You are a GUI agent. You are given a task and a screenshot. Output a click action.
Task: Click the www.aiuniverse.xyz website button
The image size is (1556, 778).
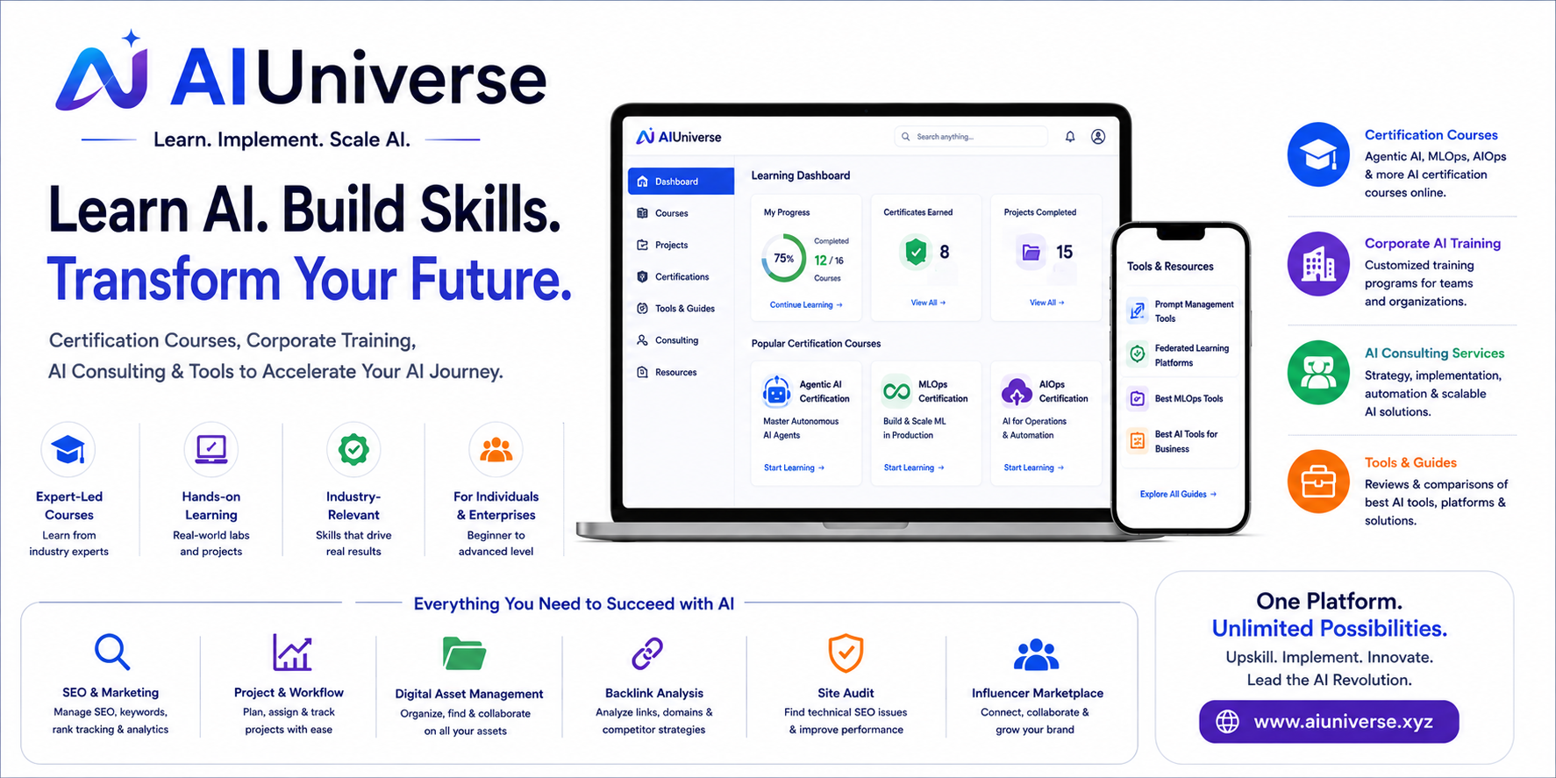(x=1329, y=722)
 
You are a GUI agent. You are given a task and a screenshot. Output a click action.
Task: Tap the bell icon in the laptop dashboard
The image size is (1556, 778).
(x=1070, y=137)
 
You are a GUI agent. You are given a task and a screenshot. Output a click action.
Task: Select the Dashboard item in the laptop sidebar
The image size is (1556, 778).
(x=681, y=182)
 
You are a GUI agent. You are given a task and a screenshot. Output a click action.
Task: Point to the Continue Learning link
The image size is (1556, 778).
(x=806, y=305)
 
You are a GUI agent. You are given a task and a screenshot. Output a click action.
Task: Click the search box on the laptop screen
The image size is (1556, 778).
(x=971, y=137)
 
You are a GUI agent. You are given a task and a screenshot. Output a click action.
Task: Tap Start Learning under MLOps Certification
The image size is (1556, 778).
(x=914, y=468)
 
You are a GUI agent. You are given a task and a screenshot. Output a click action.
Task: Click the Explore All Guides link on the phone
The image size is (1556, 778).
(x=1178, y=495)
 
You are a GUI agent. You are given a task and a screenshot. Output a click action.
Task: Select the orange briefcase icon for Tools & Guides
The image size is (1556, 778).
(x=1318, y=482)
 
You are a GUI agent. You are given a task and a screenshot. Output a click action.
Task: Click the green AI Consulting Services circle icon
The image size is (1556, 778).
(x=1318, y=372)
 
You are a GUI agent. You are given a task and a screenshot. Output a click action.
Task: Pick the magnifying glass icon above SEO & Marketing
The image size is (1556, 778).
(x=112, y=652)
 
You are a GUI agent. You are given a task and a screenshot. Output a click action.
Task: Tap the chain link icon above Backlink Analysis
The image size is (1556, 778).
(x=647, y=653)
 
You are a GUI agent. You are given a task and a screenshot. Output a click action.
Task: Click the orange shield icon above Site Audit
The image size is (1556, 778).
(x=846, y=653)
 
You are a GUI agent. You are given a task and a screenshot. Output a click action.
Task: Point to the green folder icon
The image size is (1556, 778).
(x=464, y=653)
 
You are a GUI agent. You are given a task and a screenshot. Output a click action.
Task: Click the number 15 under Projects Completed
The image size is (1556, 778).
(x=1064, y=253)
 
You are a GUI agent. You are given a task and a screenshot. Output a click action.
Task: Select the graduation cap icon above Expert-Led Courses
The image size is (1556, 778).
(x=68, y=450)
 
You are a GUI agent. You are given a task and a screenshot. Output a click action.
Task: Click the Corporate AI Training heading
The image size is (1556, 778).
(x=1432, y=244)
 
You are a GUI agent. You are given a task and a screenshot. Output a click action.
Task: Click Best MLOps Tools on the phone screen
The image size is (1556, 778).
(x=1188, y=399)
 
